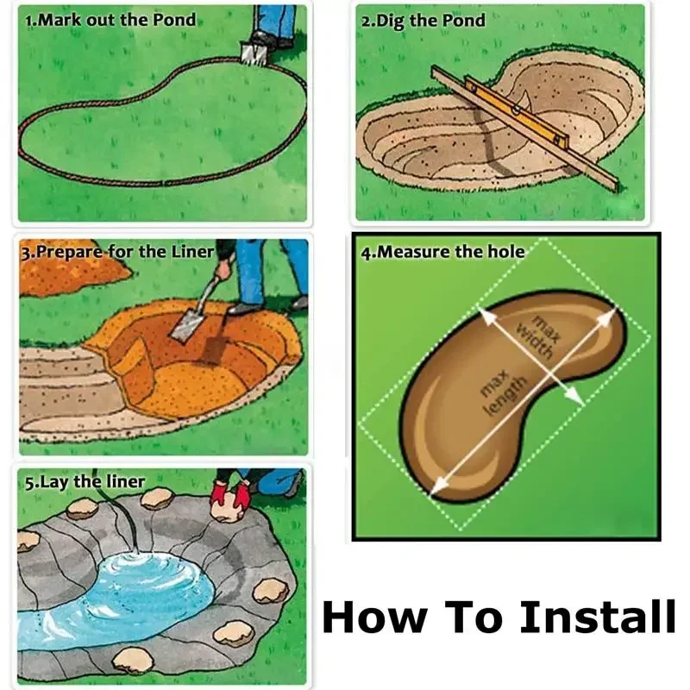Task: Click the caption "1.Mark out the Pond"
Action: [x=110, y=19]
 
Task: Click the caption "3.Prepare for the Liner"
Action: [x=116, y=252]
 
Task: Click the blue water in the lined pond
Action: [x=147, y=586]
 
